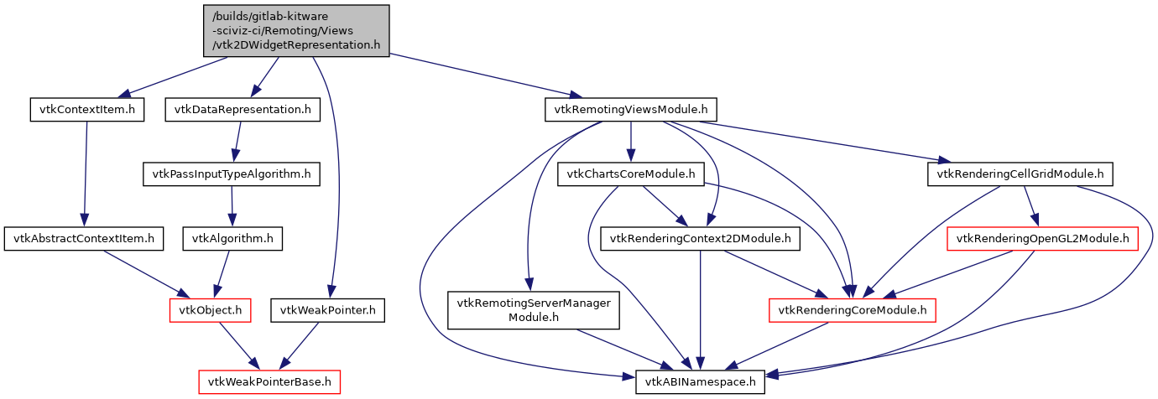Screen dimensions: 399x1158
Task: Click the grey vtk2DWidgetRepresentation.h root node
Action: tap(296, 31)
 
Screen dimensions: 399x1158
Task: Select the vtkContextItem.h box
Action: tap(86, 110)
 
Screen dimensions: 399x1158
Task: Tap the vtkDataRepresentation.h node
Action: tap(243, 110)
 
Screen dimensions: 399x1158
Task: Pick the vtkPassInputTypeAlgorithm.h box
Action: tap(232, 174)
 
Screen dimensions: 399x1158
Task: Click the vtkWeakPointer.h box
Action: tap(328, 311)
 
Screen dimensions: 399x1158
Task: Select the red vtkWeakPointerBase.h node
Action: tap(270, 382)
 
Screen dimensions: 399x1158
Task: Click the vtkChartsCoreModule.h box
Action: tap(630, 174)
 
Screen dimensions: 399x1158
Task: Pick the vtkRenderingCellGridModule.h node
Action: tap(1020, 174)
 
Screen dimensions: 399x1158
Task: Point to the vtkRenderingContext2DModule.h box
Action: tap(701, 239)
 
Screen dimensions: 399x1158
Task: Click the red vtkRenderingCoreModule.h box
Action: tap(853, 311)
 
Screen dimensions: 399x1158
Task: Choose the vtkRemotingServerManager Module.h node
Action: tap(534, 310)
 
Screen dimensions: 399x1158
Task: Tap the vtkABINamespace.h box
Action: tap(700, 382)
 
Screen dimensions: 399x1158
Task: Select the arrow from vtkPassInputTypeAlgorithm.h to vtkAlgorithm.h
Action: tap(232, 206)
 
